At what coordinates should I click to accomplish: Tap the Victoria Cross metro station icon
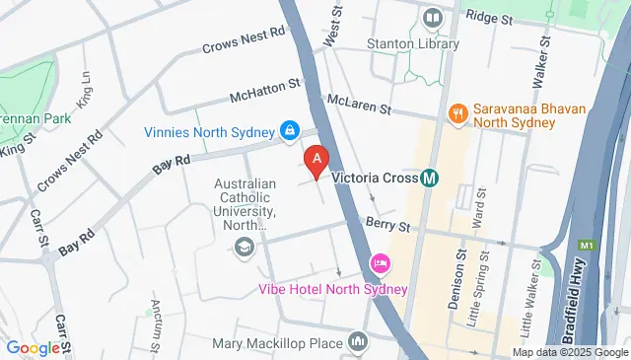[x=430, y=179]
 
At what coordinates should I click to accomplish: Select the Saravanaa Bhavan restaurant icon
[x=457, y=114]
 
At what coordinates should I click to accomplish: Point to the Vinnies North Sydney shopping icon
[x=290, y=130]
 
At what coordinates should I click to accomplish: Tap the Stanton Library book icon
[x=432, y=19]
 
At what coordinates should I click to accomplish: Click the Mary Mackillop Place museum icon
[x=358, y=344]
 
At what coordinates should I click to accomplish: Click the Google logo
[x=33, y=347]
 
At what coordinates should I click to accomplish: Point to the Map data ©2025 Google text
[x=569, y=352]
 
